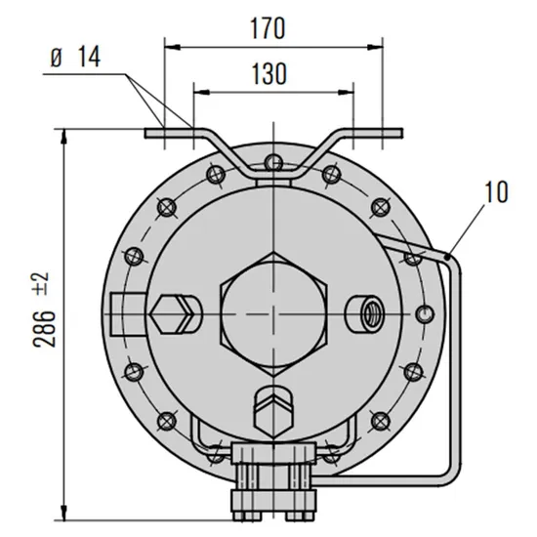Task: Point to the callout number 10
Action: [x=495, y=191]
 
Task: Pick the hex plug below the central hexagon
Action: [x=275, y=410]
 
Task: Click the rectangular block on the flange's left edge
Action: [x=124, y=312]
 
